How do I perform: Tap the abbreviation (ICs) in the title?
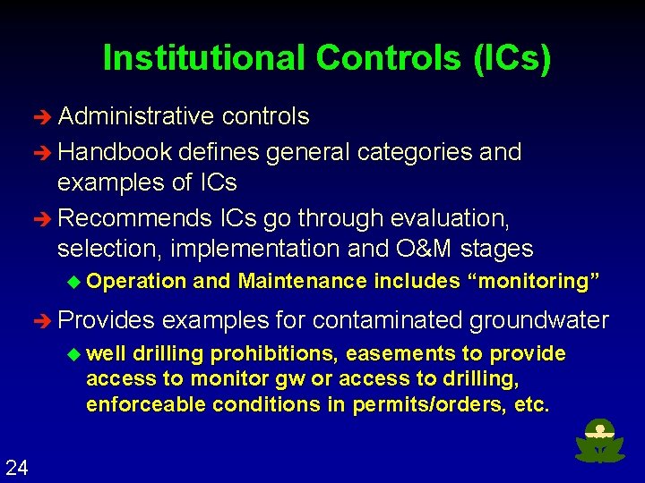tap(508, 58)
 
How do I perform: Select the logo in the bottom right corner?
tap(598, 441)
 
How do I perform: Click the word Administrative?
tap(135, 117)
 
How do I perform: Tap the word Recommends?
tap(130, 218)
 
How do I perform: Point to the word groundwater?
tap(539, 320)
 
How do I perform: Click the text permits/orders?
tap(427, 404)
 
